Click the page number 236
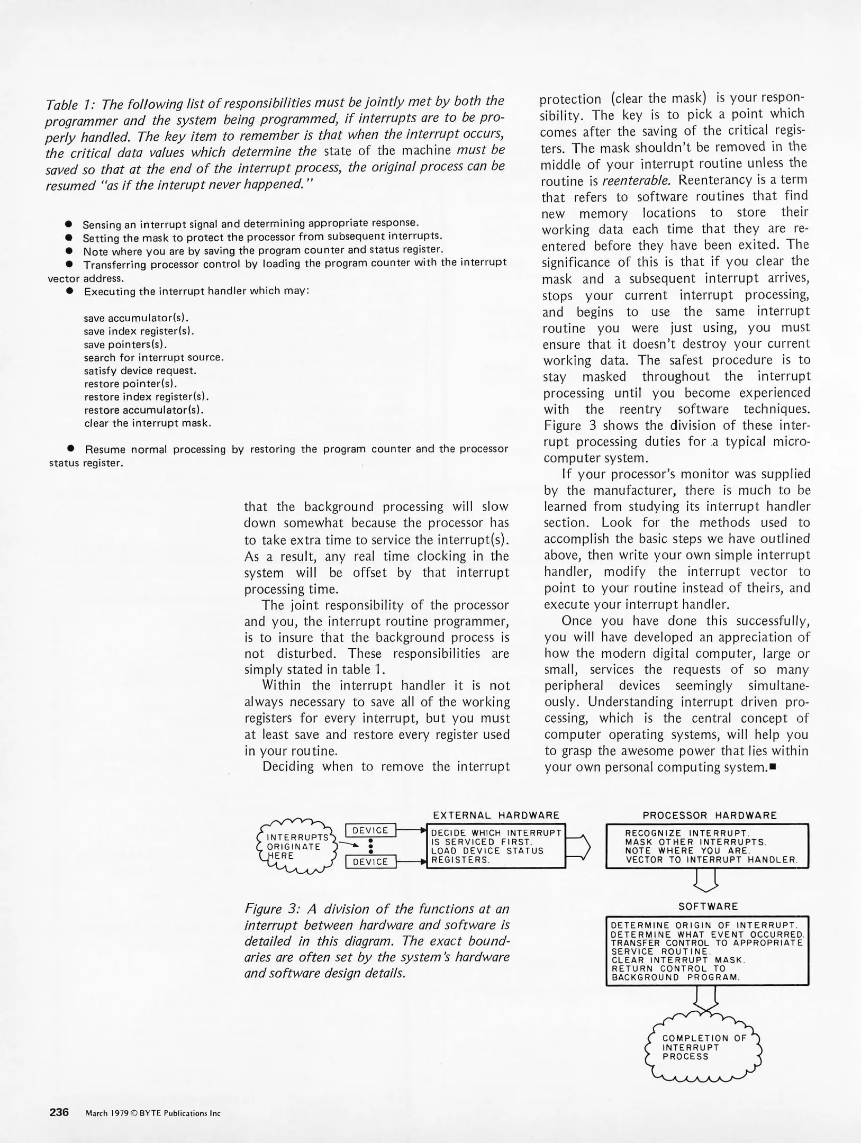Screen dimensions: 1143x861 tap(59, 1112)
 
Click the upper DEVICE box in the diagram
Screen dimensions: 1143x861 tap(370, 830)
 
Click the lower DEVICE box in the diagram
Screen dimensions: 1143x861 tap(370, 861)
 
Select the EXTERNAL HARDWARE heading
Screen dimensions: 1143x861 tap(496, 815)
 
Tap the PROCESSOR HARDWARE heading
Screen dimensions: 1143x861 tap(709, 815)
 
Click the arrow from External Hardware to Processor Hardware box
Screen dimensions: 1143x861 tap(578, 846)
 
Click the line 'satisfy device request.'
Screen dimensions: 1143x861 tap(140, 370)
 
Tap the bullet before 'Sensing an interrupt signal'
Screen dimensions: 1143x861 tap(68, 224)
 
